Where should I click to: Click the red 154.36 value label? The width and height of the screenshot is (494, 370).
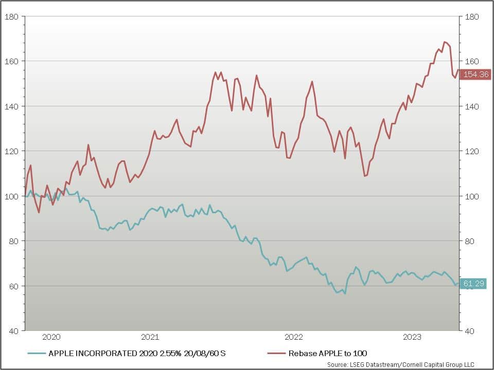[x=475, y=75]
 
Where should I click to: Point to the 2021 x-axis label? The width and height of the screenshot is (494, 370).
[x=150, y=337]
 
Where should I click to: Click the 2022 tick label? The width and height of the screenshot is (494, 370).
[x=294, y=337]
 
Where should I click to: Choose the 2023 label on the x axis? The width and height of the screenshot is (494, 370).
[x=412, y=337]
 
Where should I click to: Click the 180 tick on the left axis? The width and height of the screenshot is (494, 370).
[x=11, y=16]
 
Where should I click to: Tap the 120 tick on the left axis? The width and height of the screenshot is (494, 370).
[x=11, y=151]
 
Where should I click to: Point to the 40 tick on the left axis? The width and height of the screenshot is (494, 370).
[x=13, y=330]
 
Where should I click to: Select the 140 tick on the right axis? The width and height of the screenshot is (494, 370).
[x=471, y=106]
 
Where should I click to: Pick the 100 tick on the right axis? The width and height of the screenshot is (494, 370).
[x=471, y=196]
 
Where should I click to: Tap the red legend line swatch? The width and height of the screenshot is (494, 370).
[x=276, y=353]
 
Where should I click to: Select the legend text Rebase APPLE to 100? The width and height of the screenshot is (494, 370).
[x=328, y=353]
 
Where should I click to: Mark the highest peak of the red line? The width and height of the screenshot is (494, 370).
[x=445, y=42]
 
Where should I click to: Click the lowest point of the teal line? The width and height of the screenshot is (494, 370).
[x=345, y=293]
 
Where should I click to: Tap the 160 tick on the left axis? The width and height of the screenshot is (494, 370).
[x=11, y=61]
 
